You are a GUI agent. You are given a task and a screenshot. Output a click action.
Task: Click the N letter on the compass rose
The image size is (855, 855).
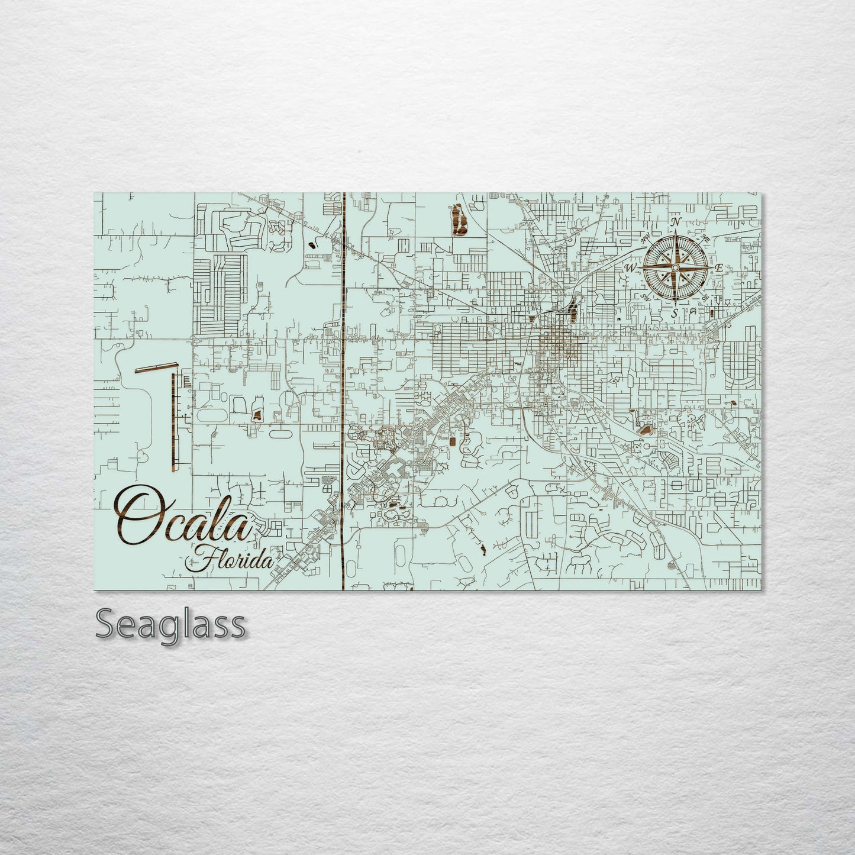tap(676, 223)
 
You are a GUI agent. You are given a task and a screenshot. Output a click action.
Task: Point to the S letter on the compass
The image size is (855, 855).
tap(675, 313)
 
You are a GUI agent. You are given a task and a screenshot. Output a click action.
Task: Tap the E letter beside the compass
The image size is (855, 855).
tap(718, 268)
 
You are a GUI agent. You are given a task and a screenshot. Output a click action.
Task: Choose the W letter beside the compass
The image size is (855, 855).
tap(629, 268)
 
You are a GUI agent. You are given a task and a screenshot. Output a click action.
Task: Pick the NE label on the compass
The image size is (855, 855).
tap(705, 238)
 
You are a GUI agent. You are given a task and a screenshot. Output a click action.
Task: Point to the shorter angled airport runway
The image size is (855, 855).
tap(156, 367)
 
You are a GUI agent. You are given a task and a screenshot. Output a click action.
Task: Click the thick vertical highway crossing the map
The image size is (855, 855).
tap(343, 385)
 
